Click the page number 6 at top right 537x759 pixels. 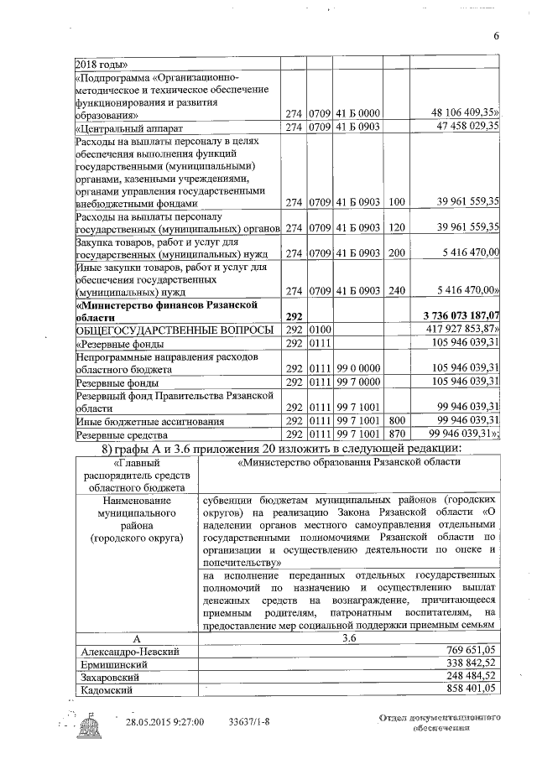click(496, 35)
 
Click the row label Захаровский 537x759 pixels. click(112, 677)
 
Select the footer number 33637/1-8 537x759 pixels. click(250, 721)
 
